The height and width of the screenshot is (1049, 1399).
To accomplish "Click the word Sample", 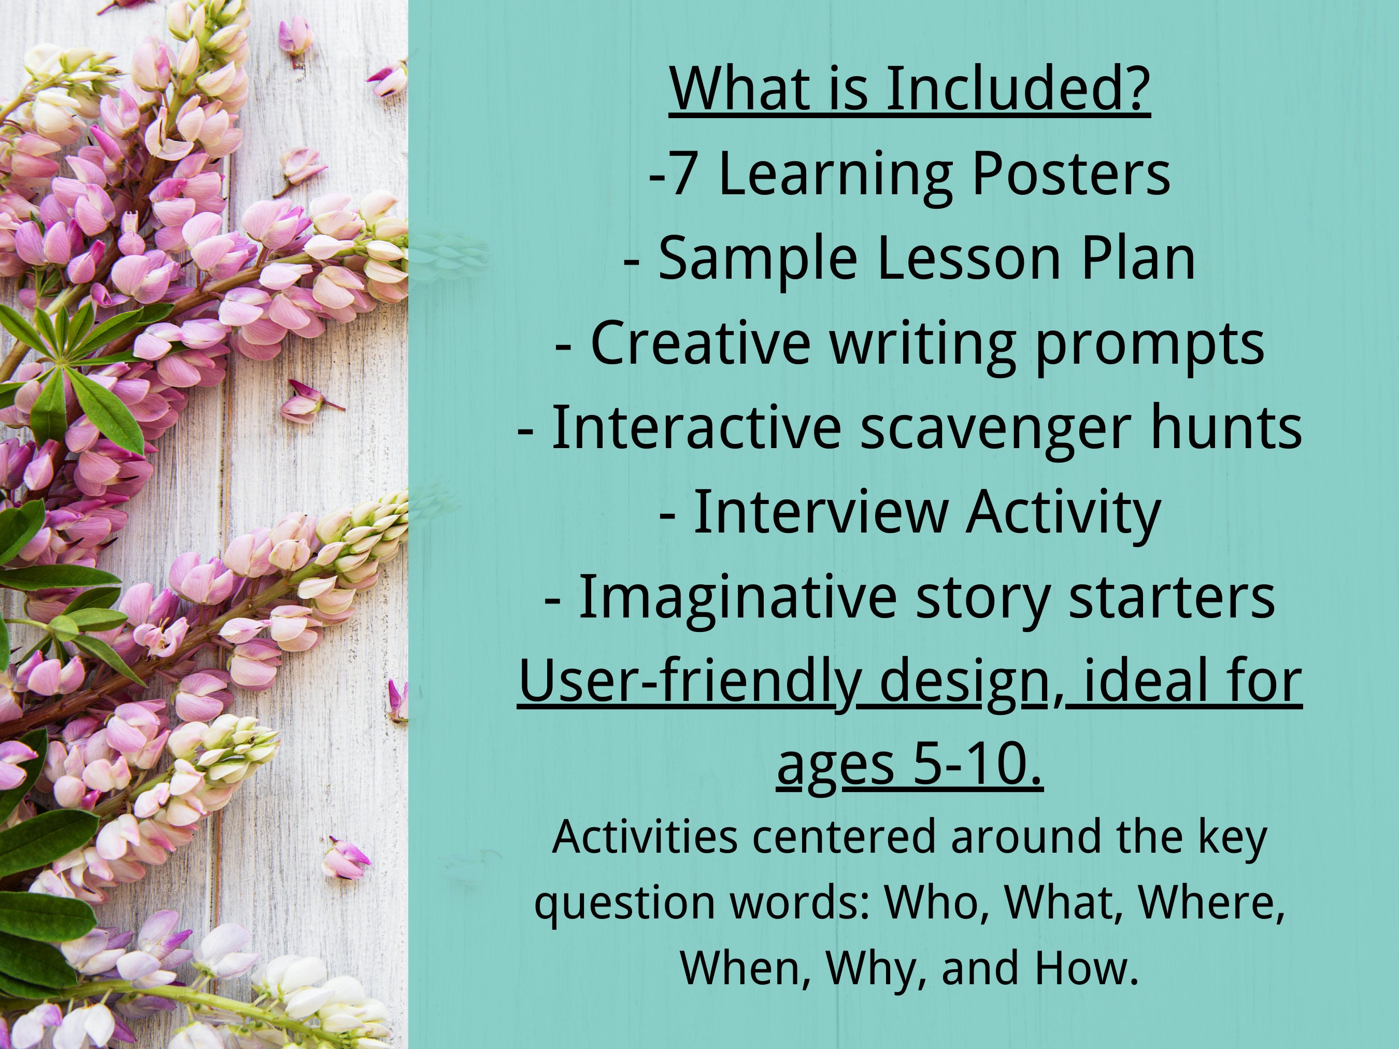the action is (x=758, y=259).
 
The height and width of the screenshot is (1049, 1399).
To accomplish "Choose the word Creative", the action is (x=700, y=343).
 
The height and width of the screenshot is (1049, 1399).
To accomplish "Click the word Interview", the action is (x=820, y=513).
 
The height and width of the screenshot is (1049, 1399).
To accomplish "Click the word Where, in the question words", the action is (x=1211, y=903).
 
